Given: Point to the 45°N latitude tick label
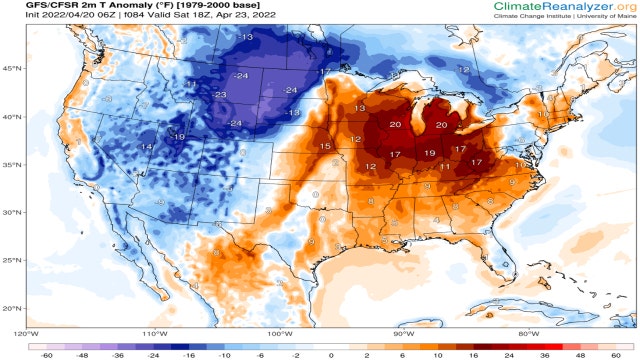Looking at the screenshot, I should (x=12, y=68).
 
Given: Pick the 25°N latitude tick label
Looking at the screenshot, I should (x=12, y=260).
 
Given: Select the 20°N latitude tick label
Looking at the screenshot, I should (x=12, y=308).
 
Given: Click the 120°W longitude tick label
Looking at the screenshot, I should (x=27, y=333).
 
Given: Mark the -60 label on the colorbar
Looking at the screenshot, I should (x=46, y=353).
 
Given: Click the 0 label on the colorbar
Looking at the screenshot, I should (x=331, y=353).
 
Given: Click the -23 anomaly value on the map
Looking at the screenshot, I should (x=219, y=95).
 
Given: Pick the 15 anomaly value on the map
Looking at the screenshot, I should (x=324, y=147).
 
